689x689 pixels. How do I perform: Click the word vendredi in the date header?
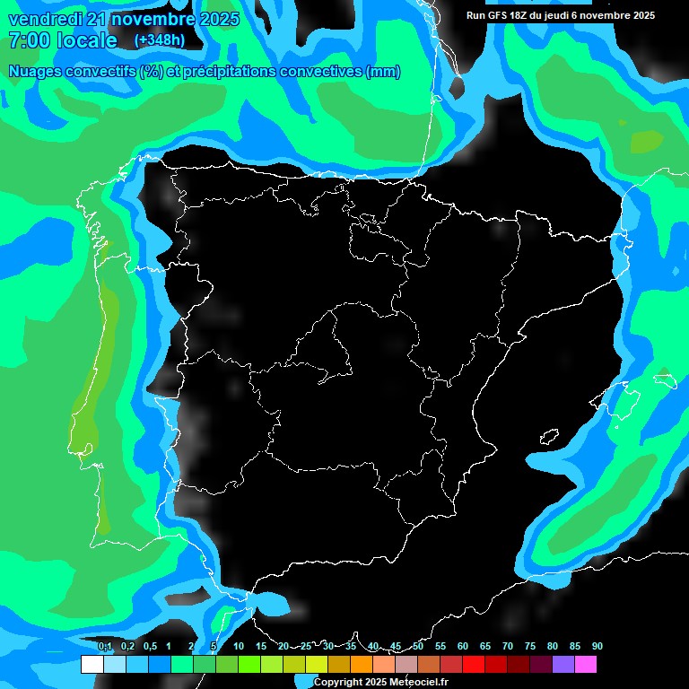point(45,20)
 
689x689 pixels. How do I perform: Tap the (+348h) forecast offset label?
point(159,40)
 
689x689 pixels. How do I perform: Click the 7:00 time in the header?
point(27,40)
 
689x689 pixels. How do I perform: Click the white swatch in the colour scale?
point(92,665)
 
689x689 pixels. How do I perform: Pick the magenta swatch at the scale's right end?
point(586,665)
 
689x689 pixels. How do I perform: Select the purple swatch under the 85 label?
point(563,665)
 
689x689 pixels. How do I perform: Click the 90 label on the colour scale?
point(597,646)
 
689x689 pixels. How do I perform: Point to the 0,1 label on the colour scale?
point(105,646)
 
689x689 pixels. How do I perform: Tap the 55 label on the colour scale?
point(440,646)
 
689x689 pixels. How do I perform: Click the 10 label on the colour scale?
point(238,646)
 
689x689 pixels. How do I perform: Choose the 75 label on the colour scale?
point(529,646)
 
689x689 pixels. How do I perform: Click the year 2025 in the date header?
point(214,20)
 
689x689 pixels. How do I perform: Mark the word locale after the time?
point(87,40)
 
